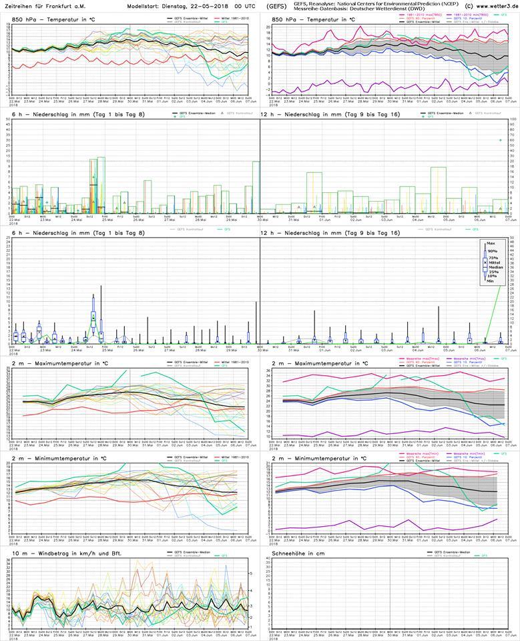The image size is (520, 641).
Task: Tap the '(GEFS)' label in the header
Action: click(x=276, y=6)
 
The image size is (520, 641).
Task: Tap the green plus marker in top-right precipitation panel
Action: click(x=501, y=140)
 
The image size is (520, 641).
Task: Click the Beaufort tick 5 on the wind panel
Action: click(x=250, y=573)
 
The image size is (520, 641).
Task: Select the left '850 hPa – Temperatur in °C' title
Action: click(x=49, y=20)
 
